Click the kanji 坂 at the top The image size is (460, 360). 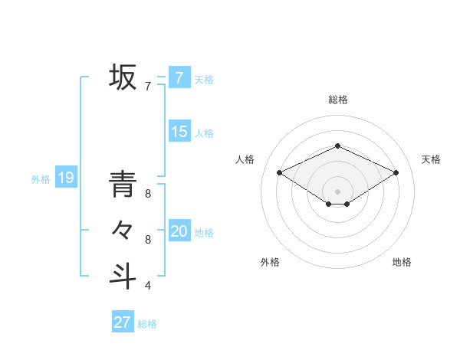pyautogui.click(x=123, y=77)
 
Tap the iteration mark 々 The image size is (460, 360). pyautogui.click(x=123, y=230)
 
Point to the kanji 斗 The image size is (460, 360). pyautogui.click(x=123, y=275)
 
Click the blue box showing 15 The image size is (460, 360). pyautogui.click(x=179, y=132)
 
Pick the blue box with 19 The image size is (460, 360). pyautogui.click(x=65, y=178)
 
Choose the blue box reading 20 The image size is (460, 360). pyautogui.click(x=179, y=231)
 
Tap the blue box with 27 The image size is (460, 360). pyautogui.click(x=122, y=322)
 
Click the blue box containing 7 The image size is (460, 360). pyautogui.click(x=179, y=77)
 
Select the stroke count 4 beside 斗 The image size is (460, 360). pyautogui.click(x=148, y=286)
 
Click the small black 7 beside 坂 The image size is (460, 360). pyautogui.click(x=148, y=87)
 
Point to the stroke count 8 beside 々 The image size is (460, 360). pyautogui.click(x=148, y=240)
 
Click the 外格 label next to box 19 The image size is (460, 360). pyautogui.click(x=41, y=179)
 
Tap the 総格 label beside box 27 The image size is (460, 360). pyautogui.click(x=147, y=324)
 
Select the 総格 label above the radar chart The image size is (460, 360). pyautogui.click(x=337, y=100)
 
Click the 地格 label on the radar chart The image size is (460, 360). pyautogui.click(x=402, y=262)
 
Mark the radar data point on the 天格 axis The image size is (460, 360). pyautogui.click(x=396, y=172)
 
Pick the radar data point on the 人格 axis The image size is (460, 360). pyautogui.click(x=279, y=172)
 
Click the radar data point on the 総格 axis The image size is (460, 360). pyautogui.click(x=337, y=146)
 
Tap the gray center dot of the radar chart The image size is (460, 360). pyautogui.click(x=337, y=191)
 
